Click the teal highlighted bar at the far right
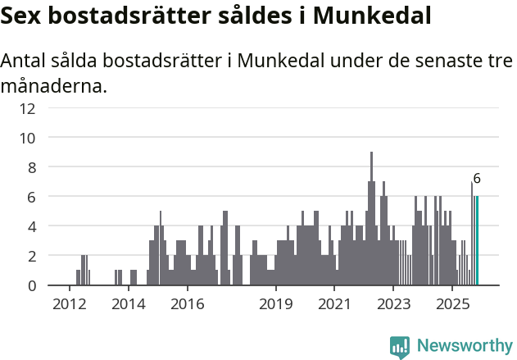[x=477, y=241]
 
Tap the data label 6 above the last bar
[x=477, y=179]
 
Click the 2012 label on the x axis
[x=69, y=303]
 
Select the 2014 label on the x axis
[x=128, y=303]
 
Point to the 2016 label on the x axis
[x=187, y=303]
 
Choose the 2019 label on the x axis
[x=276, y=303]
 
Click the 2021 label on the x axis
[x=334, y=303]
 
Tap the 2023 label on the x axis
[x=393, y=303]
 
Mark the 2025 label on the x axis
[x=452, y=303]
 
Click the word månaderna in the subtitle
[x=54, y=85]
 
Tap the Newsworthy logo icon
[x=400, y=346]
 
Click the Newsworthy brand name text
[x=464, y=346]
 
